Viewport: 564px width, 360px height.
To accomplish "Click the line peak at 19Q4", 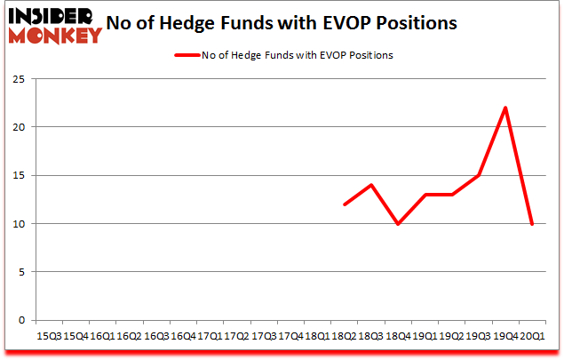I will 505,108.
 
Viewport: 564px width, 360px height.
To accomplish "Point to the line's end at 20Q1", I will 532,223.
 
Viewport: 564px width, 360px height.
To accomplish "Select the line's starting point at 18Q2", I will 344,204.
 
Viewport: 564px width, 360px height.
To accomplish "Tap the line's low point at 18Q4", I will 398,223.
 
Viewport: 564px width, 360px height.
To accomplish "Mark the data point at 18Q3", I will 371,185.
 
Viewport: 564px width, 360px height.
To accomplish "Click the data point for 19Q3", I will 479,175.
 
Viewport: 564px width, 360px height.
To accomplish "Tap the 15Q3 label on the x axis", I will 49,335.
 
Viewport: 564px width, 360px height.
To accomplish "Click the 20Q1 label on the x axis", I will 532,335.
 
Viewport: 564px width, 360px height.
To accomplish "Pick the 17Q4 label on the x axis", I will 290,335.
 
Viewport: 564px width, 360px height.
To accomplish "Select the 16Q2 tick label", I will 129,335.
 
